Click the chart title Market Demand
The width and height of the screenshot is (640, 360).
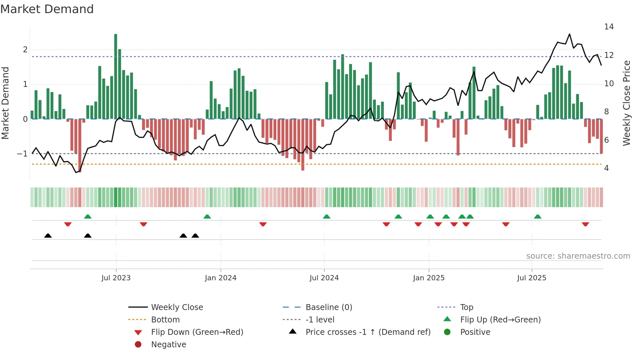[x=47, y=9]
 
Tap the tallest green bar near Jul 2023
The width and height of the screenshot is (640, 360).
[x=116, y=76]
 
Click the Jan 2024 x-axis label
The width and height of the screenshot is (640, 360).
[x=220, y=278]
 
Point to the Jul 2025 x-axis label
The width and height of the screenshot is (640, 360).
[x=532, y=278]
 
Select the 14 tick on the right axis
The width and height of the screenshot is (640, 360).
[x=609, y=27]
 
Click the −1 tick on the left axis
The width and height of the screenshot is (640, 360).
[x=22, y=154]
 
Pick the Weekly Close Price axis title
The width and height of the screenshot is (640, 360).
[x=626, y=103]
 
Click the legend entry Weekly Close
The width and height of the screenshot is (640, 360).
[x=177, y=307]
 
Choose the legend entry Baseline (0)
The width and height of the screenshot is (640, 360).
[x=328, y=307]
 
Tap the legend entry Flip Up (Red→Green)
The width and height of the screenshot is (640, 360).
[x=500, y=320]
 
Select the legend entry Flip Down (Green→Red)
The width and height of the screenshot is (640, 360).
[x=197, y=332]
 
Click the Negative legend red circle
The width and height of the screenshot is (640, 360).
[x=138, y=345]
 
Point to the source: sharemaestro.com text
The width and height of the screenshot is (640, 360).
[x=578, y=256]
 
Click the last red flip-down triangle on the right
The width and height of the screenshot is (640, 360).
[x=585, y=224]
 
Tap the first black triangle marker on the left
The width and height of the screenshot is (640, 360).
[x=48, y=236]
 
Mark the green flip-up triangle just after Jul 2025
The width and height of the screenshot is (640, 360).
[x=537, y=217]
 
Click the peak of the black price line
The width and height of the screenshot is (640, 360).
[x=569, y=34]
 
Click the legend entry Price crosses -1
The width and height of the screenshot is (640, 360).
[x=368, y=332]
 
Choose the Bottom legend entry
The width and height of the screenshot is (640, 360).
[x=165, y=320]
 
